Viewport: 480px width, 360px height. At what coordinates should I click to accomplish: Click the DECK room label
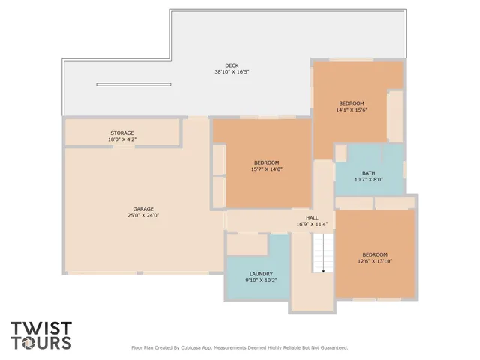click(x=231, y=65)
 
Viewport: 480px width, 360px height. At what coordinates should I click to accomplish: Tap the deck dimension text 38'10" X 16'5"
click(x=231, y=72)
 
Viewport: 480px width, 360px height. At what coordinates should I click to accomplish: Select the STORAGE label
click(x=122, y=133)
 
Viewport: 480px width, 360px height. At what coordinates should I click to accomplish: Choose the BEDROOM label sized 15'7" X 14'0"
click(x=266, y=163)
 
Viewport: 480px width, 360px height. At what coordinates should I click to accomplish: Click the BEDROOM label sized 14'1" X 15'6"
click(x=351, y=103)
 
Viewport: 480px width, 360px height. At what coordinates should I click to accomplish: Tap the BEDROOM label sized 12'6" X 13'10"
click(x=374, y=253)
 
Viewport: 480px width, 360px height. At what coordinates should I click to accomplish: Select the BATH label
click(x=368, y=172)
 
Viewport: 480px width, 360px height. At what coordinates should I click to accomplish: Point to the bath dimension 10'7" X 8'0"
click(x=368, y=179)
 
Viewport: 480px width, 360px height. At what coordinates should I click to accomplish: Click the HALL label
click(x=301, y=217)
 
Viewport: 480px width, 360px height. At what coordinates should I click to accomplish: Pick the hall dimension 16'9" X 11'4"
click(x=301, y=224)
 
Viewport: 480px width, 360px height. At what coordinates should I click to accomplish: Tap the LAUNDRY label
click(x=261, y=274)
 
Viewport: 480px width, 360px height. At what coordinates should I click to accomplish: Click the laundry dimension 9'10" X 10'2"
click(x=261, y=280)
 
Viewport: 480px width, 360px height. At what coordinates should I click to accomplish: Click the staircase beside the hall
click(x=322, y=252)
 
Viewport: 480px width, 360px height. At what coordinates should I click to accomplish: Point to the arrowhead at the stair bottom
click(x=323, y=271)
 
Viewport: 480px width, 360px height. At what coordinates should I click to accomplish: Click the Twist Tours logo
click(x=41, y=335)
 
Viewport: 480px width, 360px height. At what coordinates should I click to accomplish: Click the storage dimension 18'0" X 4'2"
click(x=122, y=139)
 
